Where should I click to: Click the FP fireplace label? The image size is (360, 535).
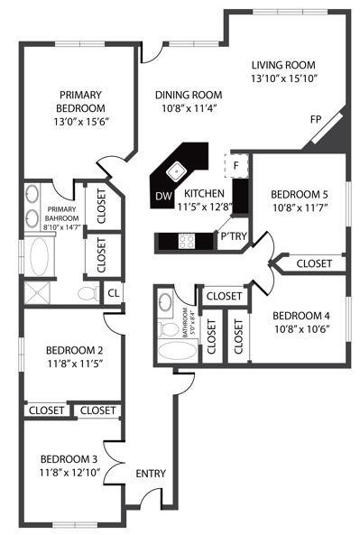pyautogui.click(x=316, y=119)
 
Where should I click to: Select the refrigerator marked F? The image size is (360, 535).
pyautogui.click(x=235, y=165)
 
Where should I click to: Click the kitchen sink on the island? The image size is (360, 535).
pyautogui.click(x=178, y=169)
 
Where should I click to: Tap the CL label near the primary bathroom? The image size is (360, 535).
pyautogui.click(x=113, y=292)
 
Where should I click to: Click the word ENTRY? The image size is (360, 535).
pyautogui.click(x=151, y=473)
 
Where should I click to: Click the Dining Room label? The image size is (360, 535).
pyautogui.click(x=188, y=95)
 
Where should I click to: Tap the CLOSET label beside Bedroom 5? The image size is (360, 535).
pyautogui.click(x=313, y=263)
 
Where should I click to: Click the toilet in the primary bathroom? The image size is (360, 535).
pyautogui.click(x=88, y=293)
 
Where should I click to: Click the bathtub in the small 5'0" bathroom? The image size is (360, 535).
pyautogui.click(x=173, y=351)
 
